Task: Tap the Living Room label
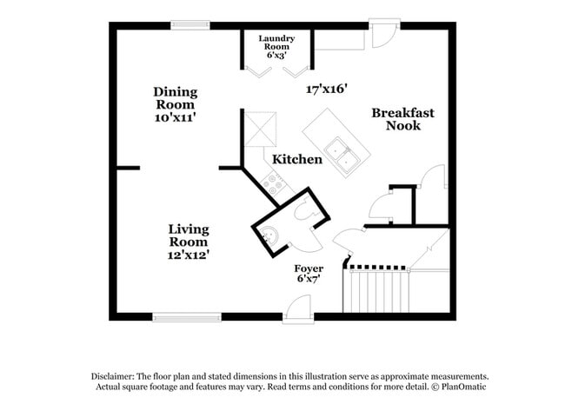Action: (189, 235)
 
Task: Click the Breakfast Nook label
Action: (402, 119)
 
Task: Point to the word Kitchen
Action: (297, 160)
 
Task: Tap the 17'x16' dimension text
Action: (327, 89)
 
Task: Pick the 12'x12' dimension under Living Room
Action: (189, 255)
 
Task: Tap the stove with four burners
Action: (276, 182)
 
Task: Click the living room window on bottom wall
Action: (186, 316)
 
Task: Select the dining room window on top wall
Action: (189, 25)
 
